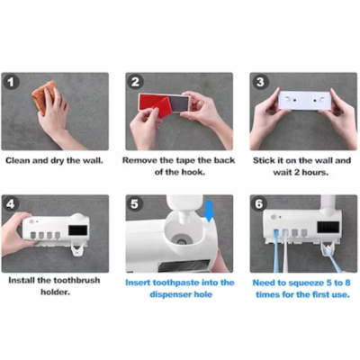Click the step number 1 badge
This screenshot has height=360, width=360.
tap(11, 82)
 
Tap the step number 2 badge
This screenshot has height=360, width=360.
tap(136, 82)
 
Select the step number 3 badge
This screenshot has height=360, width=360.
tap(260, 82)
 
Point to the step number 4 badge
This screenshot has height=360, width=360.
tap(11, 204)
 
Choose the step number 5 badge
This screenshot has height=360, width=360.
tap(135, 204)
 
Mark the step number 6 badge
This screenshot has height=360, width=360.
tap(259, 204)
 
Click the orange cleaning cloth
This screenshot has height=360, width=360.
tap(45, 96)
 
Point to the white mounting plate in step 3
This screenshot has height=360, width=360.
tap(305, 101)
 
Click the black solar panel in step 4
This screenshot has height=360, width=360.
tap(78, 230)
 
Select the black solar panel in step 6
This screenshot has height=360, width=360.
tap(328, 227)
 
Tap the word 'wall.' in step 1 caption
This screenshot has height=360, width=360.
tap(93, 161)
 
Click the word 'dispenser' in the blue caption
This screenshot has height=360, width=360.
tap(170, 294)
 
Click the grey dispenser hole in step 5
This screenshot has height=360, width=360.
tap(181, 241)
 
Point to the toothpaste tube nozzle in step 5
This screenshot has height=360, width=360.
tap(184, 217)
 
